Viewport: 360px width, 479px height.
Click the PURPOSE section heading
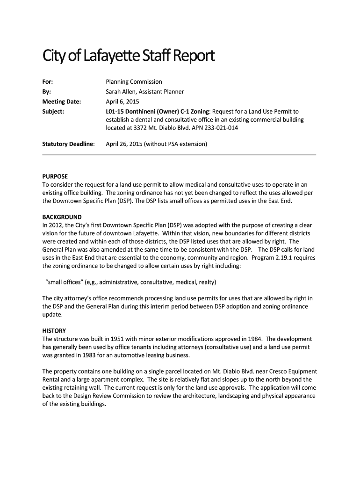(55, 176)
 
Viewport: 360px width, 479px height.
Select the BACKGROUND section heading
(62, 217)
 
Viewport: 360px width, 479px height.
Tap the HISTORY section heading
(54, 330)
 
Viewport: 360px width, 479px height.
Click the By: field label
(47, 92)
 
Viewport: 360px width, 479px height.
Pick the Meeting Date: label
(62, 102)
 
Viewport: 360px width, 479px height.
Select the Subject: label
(53, 111)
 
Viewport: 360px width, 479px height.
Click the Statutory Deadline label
(68, 144)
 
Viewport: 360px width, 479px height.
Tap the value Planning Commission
(134, 82)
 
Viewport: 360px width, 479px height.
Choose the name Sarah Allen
(121, 92)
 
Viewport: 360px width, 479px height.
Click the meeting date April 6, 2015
(122, 102)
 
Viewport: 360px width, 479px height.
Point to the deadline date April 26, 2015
(124, 144)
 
